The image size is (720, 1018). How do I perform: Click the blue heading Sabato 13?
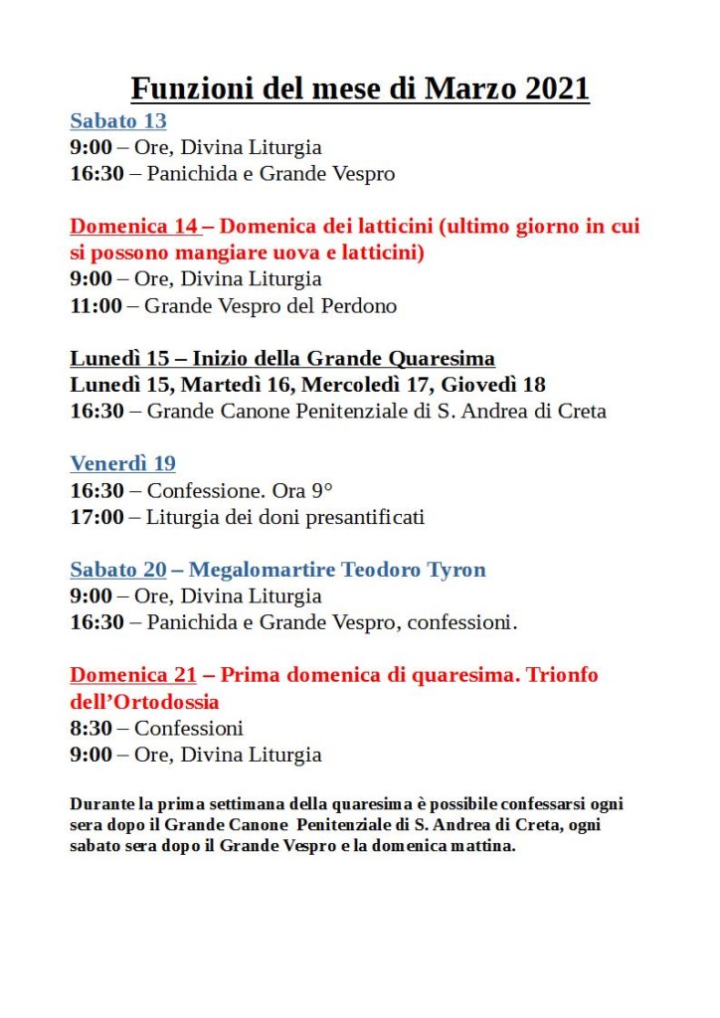coord(117,121)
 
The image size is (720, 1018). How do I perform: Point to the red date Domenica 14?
coord(133,227)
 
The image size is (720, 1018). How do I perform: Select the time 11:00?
coord(96,305)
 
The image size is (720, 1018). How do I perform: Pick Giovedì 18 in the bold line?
coord(494,385)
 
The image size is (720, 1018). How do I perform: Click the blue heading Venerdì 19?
coord(122,463)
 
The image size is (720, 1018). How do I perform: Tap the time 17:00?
coord(96,516)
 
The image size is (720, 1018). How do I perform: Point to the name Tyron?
coord(456,570)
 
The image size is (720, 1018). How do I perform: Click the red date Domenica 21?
coord(132,675)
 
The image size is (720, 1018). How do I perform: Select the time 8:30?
coord(90,728)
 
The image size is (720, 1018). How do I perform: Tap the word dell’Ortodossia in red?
coord(144,702)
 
